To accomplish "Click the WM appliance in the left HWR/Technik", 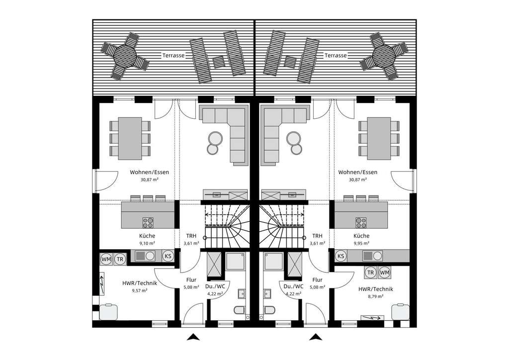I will pyautogui.click(x=106, y=259).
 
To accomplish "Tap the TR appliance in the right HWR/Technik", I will pyautogui.click(x=370, y=272).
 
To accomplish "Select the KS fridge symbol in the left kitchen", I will pyautogui.click(x=169, y=256).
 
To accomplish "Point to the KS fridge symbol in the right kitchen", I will pyautogui.click(x=341, y=256).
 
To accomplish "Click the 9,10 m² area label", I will pyautogui.click(x=147, y=244).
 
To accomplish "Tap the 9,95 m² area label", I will pyautogui.click(x=361, y=244).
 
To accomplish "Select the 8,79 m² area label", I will pyautogui.click(x=376, y=296).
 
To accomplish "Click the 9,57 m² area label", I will pyautogui.click(x=140, y=291).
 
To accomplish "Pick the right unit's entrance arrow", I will pyautogui.click(x=314, y=338).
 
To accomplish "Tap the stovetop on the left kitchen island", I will pyautogui.click(x=149, y=222).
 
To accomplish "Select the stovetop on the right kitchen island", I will pyautogui.click(x=360, y=222).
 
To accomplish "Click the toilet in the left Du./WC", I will pyautogui.click(x=239, y=310).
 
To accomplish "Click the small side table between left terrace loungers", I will pyautogui.click(x=218, y=62).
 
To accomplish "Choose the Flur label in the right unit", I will pyautogui.click(x=318, y=280).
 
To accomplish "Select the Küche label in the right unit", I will pyautogui.click(x=361, y=236).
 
